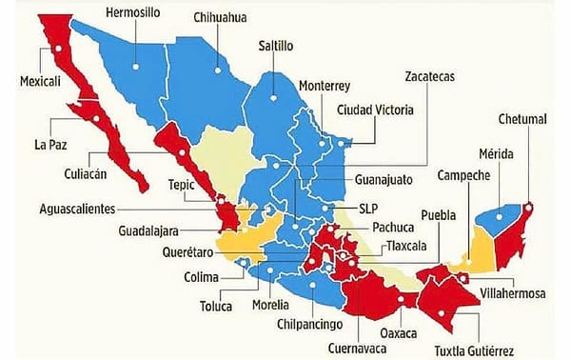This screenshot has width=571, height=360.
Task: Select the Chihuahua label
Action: coord(222,18)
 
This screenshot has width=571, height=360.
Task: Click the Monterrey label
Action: coord(324,85)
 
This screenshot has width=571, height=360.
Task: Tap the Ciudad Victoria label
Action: coord(376,110)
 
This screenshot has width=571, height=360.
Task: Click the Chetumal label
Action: coord(522,119)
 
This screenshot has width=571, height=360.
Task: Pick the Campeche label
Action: coord(464,177)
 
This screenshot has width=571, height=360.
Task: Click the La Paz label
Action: coord(49,145)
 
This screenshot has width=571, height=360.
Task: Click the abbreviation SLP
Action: coord(367,207)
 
